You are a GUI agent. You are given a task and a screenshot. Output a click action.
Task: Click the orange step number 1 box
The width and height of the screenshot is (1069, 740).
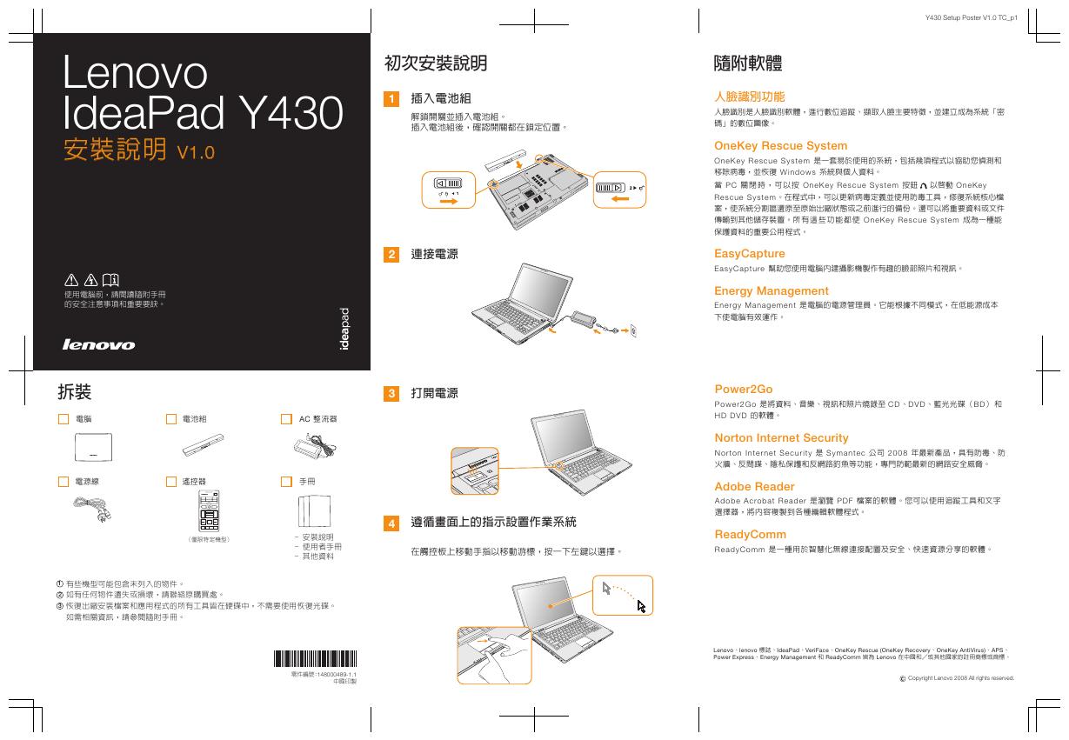click(392, 99)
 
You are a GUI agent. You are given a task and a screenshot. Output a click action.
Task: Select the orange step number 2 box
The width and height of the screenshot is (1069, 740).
click(392, 254)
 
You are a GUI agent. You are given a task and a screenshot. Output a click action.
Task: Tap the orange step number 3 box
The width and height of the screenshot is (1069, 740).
click(392, 394)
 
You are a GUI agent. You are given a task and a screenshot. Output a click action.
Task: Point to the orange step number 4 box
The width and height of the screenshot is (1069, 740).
click(392, 523)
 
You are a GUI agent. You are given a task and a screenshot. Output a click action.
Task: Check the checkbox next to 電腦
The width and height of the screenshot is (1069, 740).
click(63, 419)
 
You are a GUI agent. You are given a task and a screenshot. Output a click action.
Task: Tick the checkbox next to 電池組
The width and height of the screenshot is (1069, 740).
click(171, 419)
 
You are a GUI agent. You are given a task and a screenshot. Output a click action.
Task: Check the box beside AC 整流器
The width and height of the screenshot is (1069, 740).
click(286, 419)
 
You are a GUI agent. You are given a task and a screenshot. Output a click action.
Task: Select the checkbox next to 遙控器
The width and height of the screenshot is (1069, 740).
click(171, 481)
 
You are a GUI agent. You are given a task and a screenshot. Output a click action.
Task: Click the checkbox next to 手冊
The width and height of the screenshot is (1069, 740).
click(286, 481)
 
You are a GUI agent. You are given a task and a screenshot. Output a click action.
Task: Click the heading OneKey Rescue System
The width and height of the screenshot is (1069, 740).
click(780, 146)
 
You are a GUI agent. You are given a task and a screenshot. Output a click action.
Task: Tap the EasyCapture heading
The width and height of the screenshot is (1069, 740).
click(749, 254)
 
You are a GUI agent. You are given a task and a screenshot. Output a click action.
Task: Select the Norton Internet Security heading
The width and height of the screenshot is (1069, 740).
click(781, 438)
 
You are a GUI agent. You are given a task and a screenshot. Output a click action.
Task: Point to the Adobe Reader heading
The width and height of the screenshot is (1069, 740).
click(754, 487)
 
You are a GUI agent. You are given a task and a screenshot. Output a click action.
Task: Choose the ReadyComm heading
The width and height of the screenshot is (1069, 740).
click(750, 535)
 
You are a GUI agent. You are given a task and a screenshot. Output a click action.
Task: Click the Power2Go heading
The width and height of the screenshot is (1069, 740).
click(743, 390)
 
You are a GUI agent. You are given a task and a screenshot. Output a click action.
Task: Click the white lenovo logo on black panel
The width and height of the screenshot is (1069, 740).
click(98, 344)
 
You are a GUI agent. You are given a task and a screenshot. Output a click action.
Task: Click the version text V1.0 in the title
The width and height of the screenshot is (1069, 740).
click(195, 153)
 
